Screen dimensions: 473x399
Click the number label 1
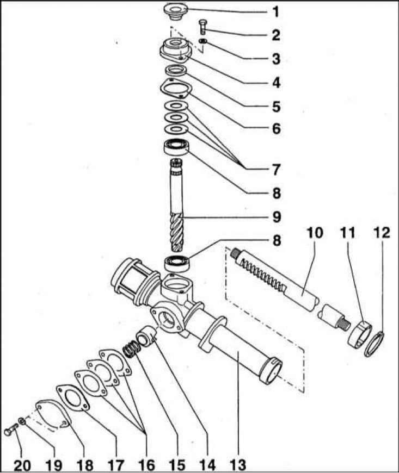276,11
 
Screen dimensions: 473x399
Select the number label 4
276,83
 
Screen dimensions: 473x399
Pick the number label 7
276,170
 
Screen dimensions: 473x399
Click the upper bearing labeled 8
176,147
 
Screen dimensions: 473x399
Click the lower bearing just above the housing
176,263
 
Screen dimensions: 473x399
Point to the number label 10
315,234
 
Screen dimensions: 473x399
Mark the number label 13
238,465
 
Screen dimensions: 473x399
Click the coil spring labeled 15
131,350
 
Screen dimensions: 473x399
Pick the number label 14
207,465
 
